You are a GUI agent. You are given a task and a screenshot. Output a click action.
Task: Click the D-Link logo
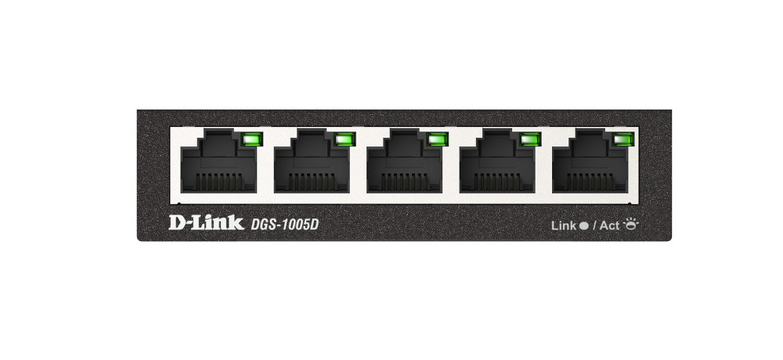206,223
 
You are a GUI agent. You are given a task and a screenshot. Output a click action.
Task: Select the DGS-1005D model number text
284,225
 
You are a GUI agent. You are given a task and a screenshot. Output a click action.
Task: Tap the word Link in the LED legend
564,225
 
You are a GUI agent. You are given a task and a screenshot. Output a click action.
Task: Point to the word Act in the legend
609,225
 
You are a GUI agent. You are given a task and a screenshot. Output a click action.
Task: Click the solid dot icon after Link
583,225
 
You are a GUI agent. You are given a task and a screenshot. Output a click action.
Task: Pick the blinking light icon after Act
630,224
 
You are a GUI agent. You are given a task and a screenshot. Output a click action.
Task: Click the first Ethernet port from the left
218,160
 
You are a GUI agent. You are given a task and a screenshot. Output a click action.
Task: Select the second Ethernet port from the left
312,160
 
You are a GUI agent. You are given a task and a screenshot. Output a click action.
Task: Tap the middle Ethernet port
405,160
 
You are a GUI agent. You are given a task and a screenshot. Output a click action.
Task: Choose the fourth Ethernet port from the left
497,160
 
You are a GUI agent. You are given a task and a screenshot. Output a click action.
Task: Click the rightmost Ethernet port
590,160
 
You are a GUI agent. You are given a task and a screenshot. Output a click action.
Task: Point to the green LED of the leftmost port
252,139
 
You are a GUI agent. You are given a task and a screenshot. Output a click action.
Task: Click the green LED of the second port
345,139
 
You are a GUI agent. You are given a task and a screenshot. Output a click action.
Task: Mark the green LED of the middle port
438,139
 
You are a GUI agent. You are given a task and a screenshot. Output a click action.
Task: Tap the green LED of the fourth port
530,139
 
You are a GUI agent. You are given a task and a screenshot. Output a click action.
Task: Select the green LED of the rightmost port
623,139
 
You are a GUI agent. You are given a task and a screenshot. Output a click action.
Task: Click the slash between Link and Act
594,225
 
